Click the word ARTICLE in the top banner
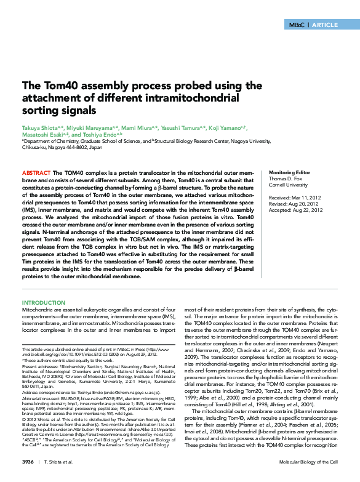(x=327, y=25)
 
